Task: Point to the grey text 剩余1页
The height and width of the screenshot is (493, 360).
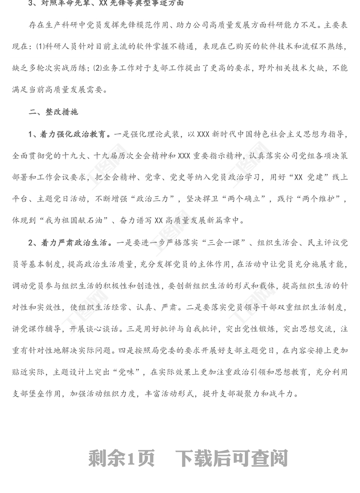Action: [x=122, y=459]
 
